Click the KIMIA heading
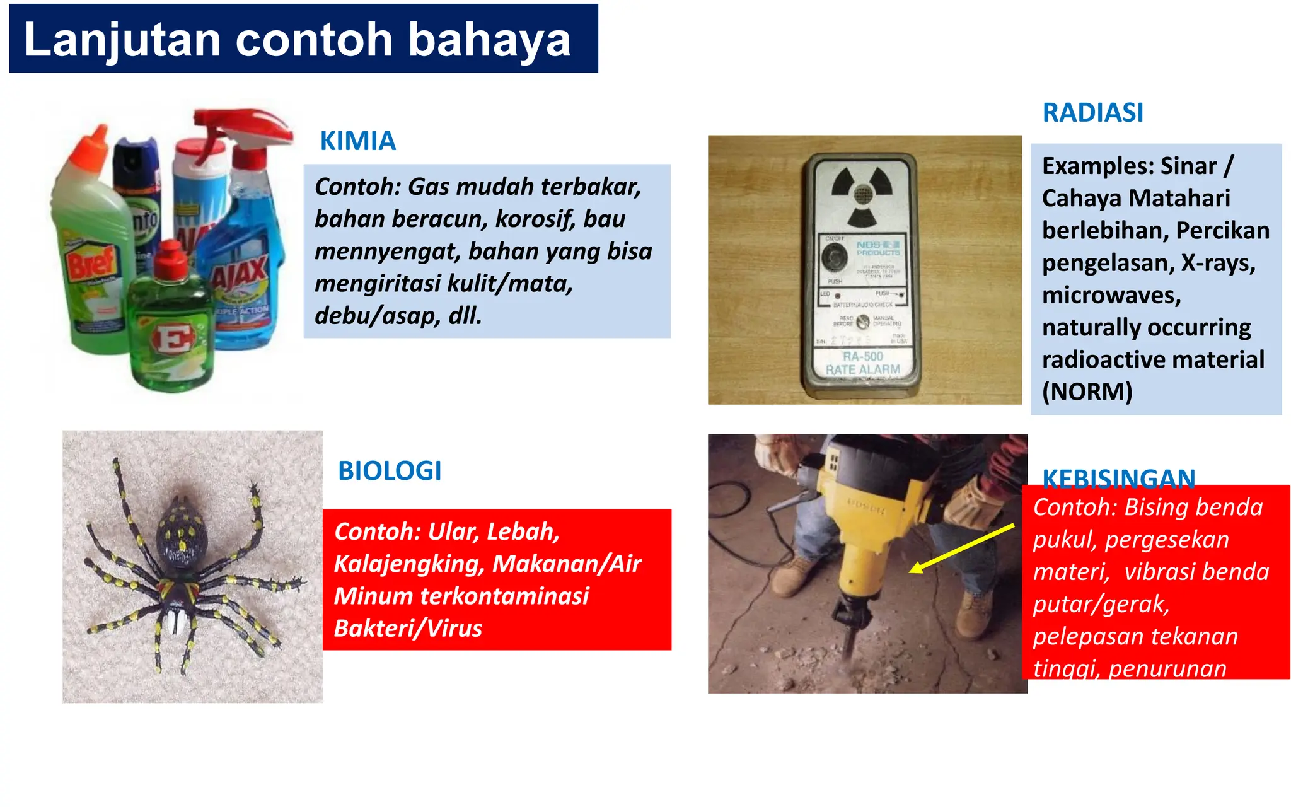357,141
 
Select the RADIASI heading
1092,113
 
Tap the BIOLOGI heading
390,471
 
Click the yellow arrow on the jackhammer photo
962,548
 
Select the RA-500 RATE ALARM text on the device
862,363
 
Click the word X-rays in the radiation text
1218,263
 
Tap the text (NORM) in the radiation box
1087,392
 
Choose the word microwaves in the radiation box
1111,295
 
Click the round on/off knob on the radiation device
835,257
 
